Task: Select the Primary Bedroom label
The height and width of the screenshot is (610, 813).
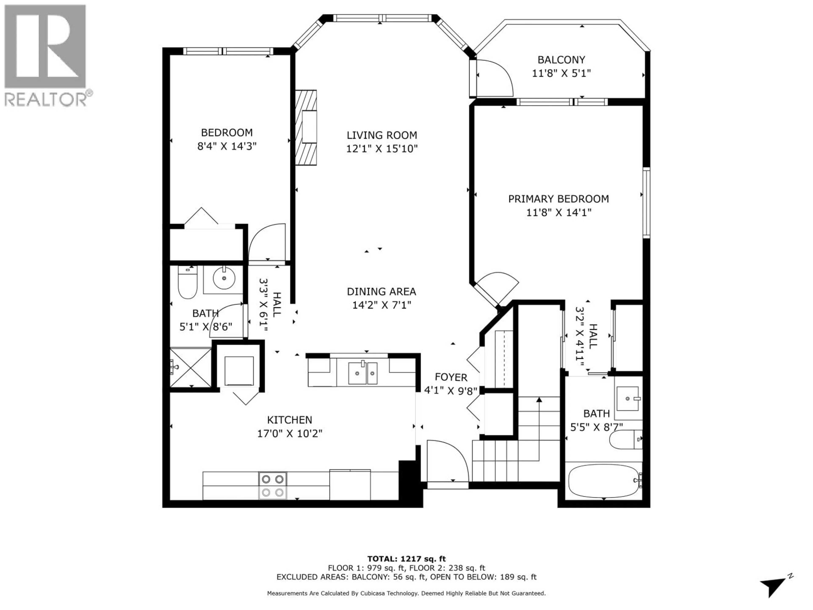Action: (x=558, y=199)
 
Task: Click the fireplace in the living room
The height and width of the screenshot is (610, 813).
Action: (x=306, y=127)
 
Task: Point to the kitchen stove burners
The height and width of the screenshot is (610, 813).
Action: (x=272, y=486)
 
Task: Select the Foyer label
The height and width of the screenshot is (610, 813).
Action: (x=451, y=377)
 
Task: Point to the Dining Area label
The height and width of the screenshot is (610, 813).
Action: (x=382, y=292)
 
